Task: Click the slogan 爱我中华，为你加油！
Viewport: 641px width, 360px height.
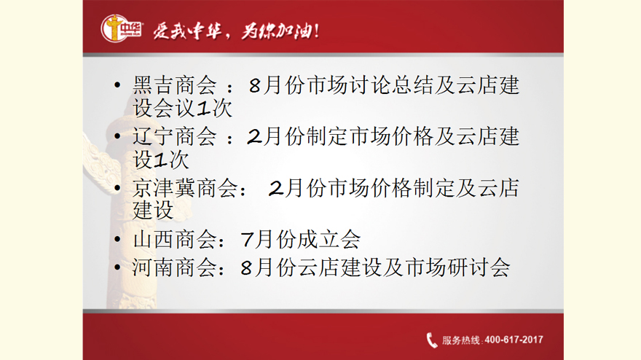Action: tap(236, 31)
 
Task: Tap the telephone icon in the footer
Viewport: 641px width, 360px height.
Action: tap(432, 340)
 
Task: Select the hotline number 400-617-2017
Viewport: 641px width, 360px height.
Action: tap(514, 340)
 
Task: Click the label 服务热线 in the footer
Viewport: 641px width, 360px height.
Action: tap(460, 340)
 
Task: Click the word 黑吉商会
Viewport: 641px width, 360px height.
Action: tap(175, 85)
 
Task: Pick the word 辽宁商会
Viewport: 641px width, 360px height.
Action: tap(175, 136)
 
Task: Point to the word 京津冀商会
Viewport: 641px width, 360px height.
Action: tap(185, 188)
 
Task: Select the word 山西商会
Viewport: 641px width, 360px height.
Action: tap(175, 239)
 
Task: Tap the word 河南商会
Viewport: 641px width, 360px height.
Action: tap(175, 268)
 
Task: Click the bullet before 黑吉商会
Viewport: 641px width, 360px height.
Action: tap(117, 85)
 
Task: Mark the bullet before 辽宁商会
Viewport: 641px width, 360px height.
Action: tap(117, 136)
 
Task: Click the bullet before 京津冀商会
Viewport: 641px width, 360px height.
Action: tap(117, 188)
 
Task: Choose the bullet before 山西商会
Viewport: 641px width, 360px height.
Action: tap(117, 239)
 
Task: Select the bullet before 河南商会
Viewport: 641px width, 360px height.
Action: tap(117, 267)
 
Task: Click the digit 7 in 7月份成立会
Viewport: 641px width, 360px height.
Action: tap(248, 240)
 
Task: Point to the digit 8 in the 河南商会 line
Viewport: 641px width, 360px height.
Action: tap(246, 268)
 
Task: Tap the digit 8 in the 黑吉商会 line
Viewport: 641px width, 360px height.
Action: tap(255, 86)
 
